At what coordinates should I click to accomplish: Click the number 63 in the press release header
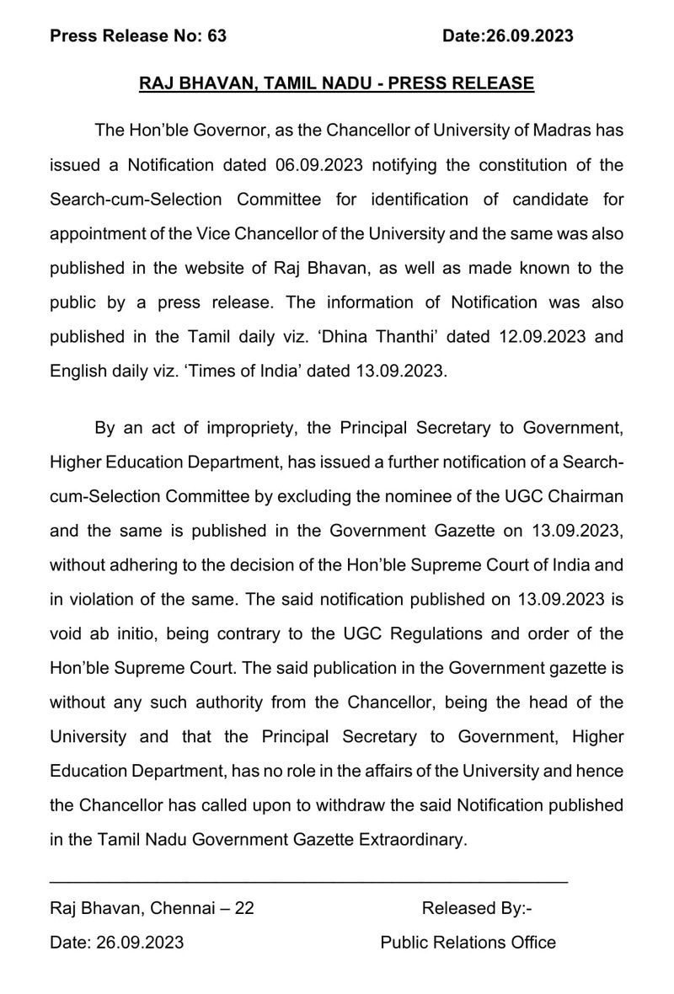point(217,35)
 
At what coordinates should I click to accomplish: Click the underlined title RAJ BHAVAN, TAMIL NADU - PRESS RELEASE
point(337,83)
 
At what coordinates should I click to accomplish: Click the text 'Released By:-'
point(477,908)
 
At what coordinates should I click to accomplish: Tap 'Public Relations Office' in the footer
point(468,943)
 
